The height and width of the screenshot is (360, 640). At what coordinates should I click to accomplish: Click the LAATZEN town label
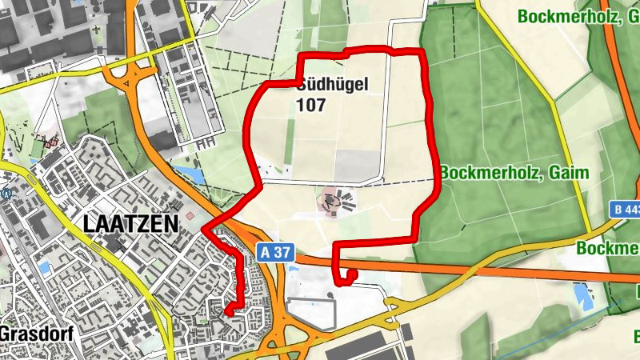[130, 225]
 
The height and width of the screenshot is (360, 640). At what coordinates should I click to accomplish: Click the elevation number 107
[310, 105]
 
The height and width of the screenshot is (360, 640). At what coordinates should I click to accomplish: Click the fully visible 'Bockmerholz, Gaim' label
[514, 173]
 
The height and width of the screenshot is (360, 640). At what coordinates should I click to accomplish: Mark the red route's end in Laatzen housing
[226, 311]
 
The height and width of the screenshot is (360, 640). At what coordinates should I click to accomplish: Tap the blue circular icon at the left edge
[6, 192]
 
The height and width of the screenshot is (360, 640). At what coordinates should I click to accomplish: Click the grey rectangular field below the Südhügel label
[356, 165]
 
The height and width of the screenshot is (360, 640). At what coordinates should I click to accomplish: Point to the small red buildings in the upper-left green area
[51, 142]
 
